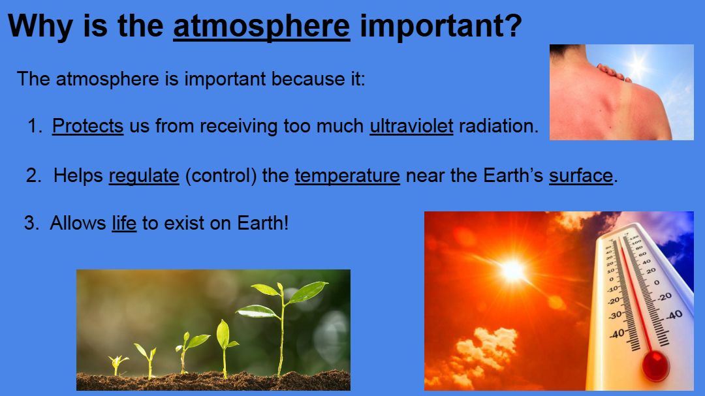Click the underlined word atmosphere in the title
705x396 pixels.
pyautogui.click(x=261, y=27)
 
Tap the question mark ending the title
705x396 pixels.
pyautogui.click(x=514, y=25)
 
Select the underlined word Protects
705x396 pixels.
pyautogui.click(x=87, y=126)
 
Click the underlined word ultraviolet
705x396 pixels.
pyautogui.click(x=411, y=126)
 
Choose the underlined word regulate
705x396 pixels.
pyautogui.click(x=144, y=175)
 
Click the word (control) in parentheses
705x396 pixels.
pyautogui.click(x=221, y=175)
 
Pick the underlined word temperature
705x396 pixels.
pyautogui.click(x=347, y=175)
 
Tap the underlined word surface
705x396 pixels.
pyautogui.click(x=581, y=175)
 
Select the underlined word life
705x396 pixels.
pyautogui.click(x=124, y=223)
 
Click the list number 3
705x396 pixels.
pyautogui.click(x=31, y=223)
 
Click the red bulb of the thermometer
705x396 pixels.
pyautogui.click(x=655, y=364)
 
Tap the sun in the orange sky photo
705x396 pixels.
pyautogui.click(x=512, y=270)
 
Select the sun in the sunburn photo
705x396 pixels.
pyautogui.click(x=636, y=65)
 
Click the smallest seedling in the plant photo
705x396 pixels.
pyautogui.click(x=117, y=364)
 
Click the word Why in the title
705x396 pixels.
pyautogui.click(x=40, y=27)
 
